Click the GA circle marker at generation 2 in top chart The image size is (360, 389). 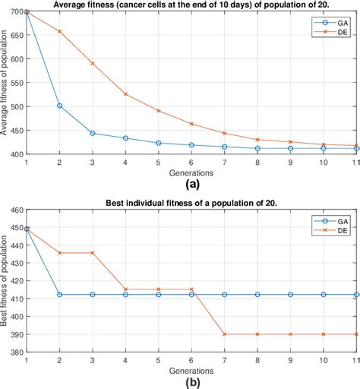59,106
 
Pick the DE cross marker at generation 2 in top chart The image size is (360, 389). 59,31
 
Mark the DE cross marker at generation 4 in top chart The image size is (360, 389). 125,94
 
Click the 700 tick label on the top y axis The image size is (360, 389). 16,13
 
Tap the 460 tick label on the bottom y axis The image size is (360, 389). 16,209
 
